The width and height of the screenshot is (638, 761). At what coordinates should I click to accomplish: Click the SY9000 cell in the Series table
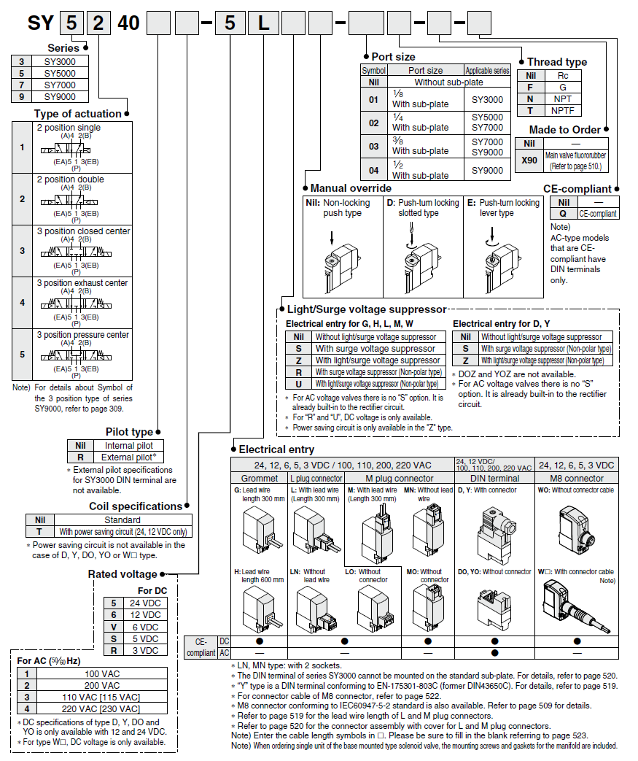pos(59,96)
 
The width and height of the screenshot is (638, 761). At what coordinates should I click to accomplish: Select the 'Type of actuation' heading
pos(77,114)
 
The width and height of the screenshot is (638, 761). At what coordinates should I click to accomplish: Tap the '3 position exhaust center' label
pos(82,283)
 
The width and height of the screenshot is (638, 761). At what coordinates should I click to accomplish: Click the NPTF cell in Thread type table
pos(562,111)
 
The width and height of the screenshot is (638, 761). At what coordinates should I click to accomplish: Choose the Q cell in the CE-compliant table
pos(562,214)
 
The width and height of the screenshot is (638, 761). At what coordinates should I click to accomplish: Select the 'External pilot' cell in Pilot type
pos(129,457)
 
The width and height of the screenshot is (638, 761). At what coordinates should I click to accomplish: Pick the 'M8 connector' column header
pos(576,479)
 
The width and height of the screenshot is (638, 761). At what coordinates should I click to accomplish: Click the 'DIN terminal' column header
pos(494,479)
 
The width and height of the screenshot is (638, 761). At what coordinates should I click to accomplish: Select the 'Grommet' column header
pos(260,479)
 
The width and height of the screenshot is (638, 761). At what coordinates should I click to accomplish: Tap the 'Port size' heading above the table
pos(393,57)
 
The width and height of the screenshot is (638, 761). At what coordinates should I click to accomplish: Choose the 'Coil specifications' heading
pos(136,506)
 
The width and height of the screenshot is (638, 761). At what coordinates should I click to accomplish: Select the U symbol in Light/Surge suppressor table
pos(298,384)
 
